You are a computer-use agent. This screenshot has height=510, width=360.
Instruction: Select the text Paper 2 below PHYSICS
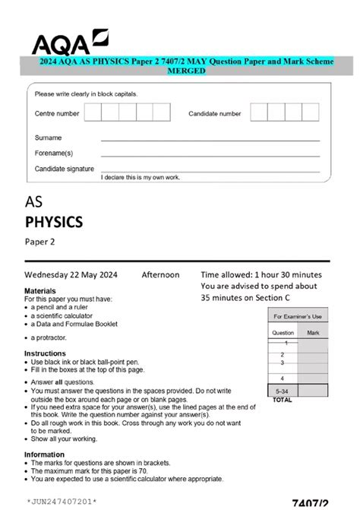click(x=41, y=242)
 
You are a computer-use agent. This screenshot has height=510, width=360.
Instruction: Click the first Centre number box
click(x=93, y=112)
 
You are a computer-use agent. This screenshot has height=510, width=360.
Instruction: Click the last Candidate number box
click(x=314, y=112)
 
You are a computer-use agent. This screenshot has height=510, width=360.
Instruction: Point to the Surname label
click(x=48, y=138)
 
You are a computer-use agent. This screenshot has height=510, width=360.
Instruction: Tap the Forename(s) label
click(x=54, y=153)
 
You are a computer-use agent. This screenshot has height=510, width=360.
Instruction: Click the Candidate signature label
click(x=65, y=168)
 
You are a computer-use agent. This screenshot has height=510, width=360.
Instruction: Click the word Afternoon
click(x=160, y=274)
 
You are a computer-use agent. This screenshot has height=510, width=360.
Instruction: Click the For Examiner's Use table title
click(x=298, y=316)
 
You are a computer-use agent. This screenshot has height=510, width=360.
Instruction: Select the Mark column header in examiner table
click(x=313, y=333)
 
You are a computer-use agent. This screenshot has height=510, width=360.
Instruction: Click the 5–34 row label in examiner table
click(x=282, y=390)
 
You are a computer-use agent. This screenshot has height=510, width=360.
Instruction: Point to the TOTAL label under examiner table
click(x=282, y=399)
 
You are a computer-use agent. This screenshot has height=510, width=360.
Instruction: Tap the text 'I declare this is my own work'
click(x=141, y=176)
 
